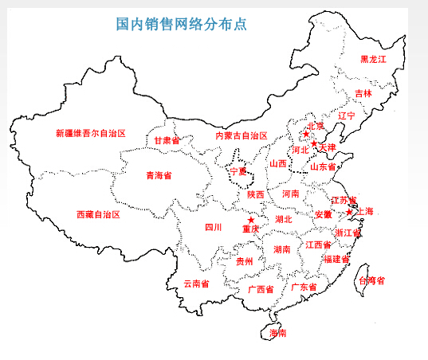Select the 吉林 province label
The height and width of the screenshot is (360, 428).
tap(363, 93)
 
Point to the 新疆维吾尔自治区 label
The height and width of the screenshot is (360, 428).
tap(91, 134)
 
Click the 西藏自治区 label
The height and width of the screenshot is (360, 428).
tap(98, 214)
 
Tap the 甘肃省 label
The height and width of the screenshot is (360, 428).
tap(167, 140)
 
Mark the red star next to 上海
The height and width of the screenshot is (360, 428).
tap(349, 212)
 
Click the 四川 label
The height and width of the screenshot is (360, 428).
tap(213, 227)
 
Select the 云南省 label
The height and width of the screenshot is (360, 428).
tap(196, 283)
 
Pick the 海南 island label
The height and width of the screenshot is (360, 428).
tap(277, 332)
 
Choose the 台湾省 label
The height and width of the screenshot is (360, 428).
tap(371, 280)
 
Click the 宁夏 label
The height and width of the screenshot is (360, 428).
tap(238, 170)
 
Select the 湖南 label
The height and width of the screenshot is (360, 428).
tap(282, 249)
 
